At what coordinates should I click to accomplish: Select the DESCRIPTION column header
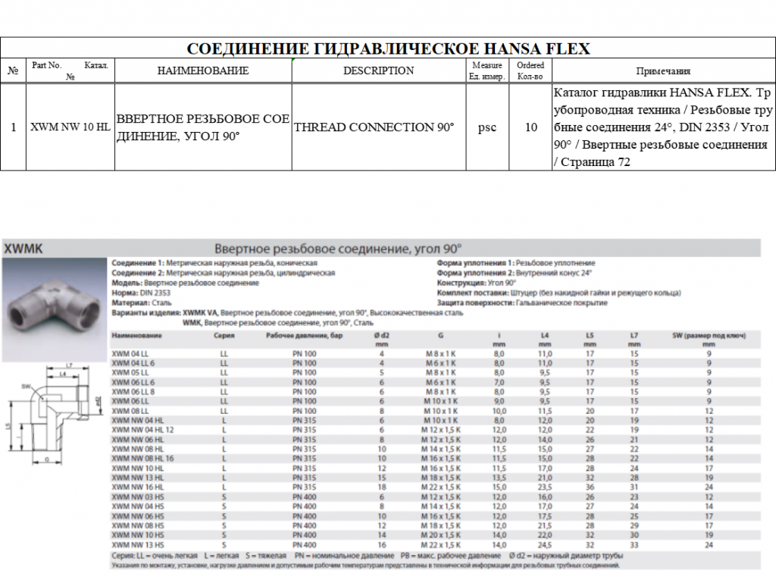(x=378, y=71)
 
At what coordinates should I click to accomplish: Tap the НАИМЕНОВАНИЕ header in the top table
(x=202, y=71)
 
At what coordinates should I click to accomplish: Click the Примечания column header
(x=662, y=71)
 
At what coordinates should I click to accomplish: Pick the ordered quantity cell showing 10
(x=531, y=127)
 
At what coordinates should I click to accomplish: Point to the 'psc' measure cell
(x=487, y=127)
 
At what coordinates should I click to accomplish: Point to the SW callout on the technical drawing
(x=26, y=386)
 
